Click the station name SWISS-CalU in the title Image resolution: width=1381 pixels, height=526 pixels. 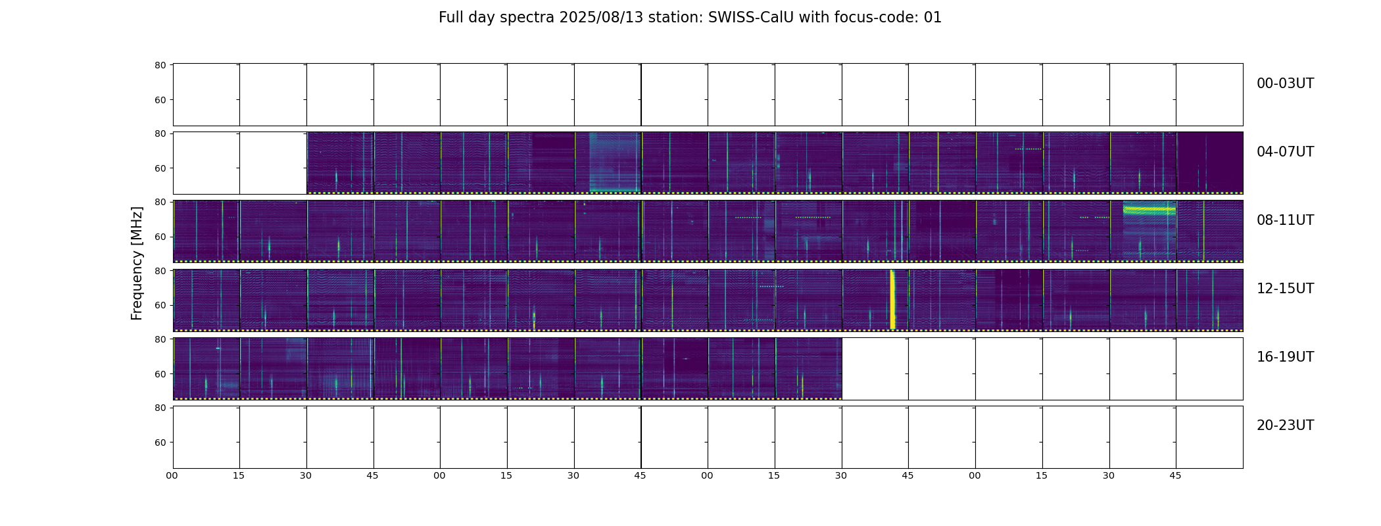[x=751, y=18]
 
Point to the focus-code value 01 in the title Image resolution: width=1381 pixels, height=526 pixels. [x=933, y=18]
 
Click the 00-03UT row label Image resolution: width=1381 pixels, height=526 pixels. [x=1285, y=84]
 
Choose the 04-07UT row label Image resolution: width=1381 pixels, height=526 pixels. [x=1285, y=152]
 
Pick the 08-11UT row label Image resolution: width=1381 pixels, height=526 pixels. [x=1285, y=220]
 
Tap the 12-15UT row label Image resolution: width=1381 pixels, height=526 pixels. [x=1285, y=289]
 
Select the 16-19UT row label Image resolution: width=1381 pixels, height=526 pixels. [x=1285, y=357]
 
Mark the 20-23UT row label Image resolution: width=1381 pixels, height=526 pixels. [x=1285, y=425]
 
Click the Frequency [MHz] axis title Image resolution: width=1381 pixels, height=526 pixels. [x=137, y=263]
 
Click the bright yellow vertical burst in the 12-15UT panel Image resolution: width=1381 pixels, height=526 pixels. [x=892, y=299]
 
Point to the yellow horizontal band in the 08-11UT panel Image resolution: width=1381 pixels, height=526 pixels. [x=1149, y=210]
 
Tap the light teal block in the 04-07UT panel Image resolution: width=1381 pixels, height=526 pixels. [x=615, y=162]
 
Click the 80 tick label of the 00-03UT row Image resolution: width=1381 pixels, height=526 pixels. [x=160, y=65]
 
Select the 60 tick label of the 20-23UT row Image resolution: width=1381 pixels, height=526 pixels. [x=160, y=442]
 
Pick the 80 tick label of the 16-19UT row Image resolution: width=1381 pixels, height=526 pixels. [x=160, y=339]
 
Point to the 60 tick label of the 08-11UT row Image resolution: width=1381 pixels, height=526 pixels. [x=160, y=237]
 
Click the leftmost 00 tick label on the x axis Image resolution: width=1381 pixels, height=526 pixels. [x=172, y=475]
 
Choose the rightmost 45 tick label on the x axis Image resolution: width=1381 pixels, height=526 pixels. [x=1175, y=475]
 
